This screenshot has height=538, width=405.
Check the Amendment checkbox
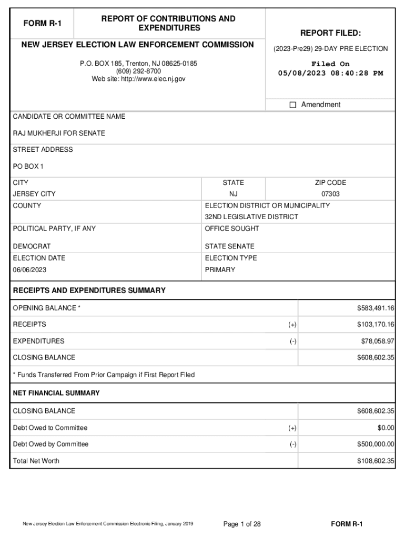293,105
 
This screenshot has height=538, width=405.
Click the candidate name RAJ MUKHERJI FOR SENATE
59,133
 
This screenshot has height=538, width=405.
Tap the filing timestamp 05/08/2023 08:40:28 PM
330,73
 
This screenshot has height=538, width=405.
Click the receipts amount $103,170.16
373,324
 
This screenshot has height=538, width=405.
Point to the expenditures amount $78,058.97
377,341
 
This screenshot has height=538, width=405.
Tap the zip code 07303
330,194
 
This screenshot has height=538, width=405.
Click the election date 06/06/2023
31,270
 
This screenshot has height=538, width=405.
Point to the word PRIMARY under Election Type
220,270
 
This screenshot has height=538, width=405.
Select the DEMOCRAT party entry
32,246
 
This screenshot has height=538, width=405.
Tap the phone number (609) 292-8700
139,71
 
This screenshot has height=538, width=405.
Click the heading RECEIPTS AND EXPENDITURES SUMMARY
89,291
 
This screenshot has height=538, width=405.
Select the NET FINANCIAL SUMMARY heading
56,393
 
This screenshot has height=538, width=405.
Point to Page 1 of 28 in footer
242,524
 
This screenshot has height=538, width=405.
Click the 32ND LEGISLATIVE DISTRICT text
251,217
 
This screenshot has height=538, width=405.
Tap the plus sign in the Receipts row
292,325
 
